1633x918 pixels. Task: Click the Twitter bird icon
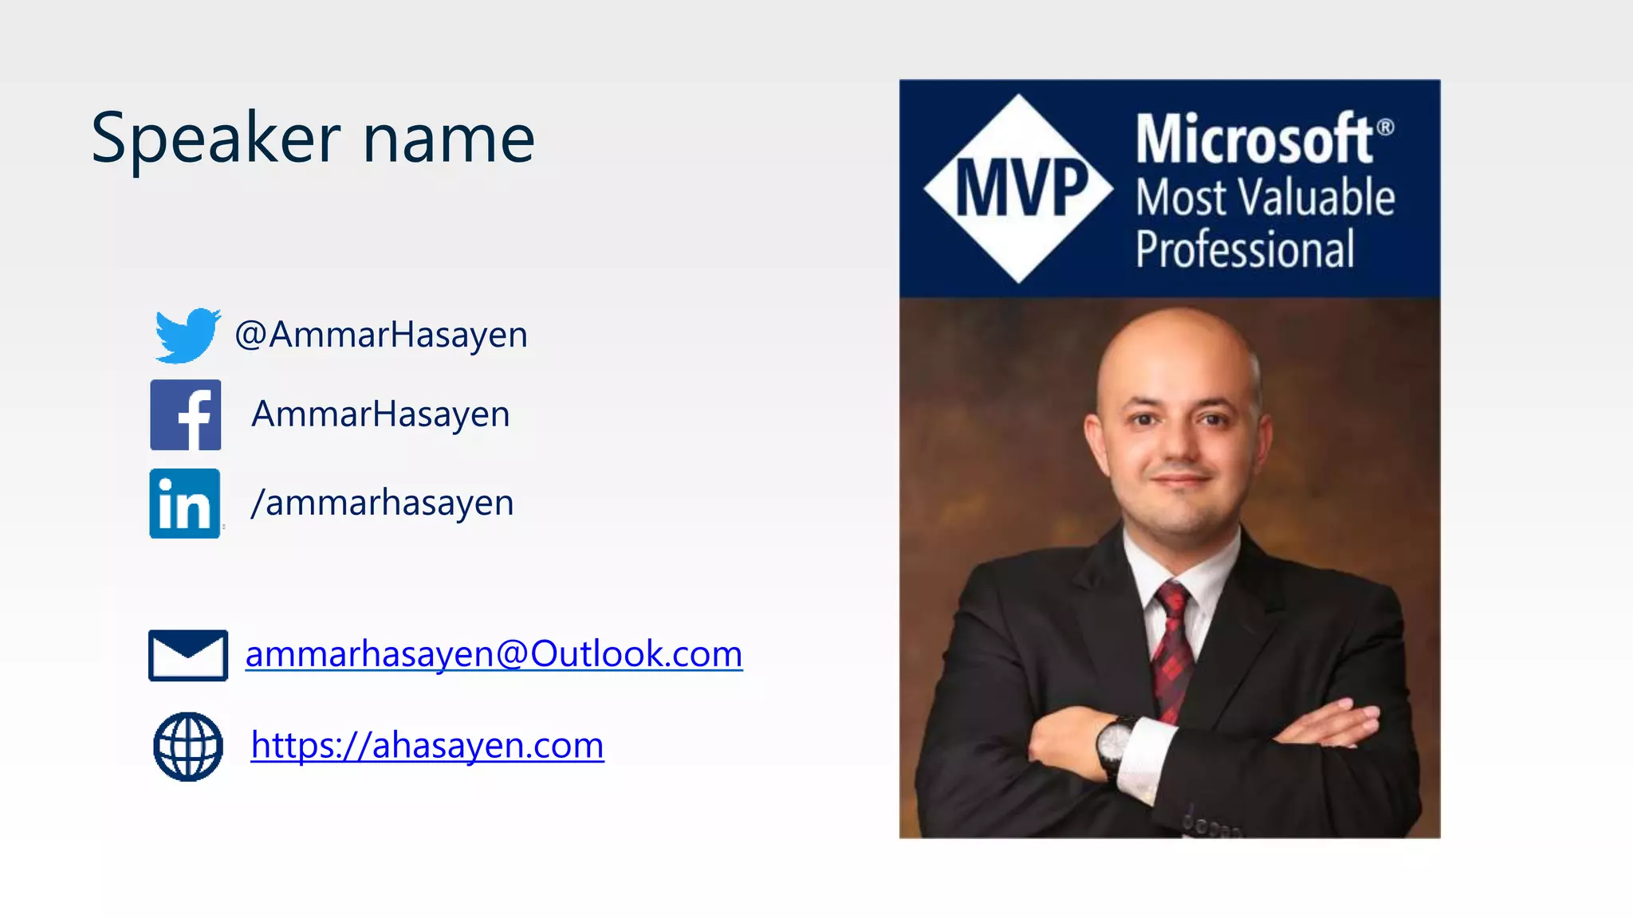187,335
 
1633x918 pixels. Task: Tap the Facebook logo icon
186,415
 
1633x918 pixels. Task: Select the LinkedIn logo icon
185,504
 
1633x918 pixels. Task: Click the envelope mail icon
188,655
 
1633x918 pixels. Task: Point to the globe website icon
188,746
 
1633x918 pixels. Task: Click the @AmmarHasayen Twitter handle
381,335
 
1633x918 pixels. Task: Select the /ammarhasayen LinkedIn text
382,503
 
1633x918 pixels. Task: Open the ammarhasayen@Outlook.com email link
494,654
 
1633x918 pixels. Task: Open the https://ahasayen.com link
427,745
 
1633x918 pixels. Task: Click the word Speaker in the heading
216,139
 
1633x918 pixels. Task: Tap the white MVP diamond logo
1019,188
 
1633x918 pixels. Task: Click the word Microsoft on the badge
1253,139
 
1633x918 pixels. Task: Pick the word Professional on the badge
1245,249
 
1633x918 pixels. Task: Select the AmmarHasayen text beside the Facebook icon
380,414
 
